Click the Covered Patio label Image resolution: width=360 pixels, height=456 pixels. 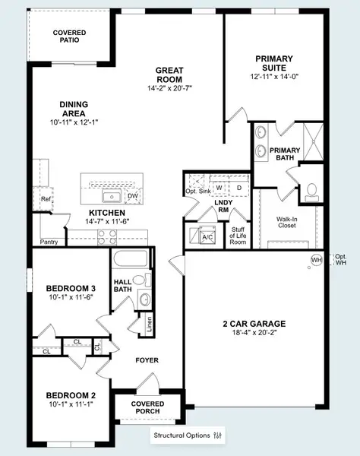69,37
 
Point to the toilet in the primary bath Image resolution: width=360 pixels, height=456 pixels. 312,192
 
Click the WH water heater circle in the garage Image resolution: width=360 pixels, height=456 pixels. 316,260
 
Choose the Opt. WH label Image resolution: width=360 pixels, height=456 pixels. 340,260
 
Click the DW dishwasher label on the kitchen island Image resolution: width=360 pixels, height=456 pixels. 132,196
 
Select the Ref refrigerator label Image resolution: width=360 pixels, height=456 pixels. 46,200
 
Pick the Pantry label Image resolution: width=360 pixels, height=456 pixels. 49,242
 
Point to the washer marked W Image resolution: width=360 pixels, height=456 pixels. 219,187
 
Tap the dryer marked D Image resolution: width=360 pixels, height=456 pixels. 238,187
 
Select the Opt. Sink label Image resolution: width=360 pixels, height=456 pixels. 197,191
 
